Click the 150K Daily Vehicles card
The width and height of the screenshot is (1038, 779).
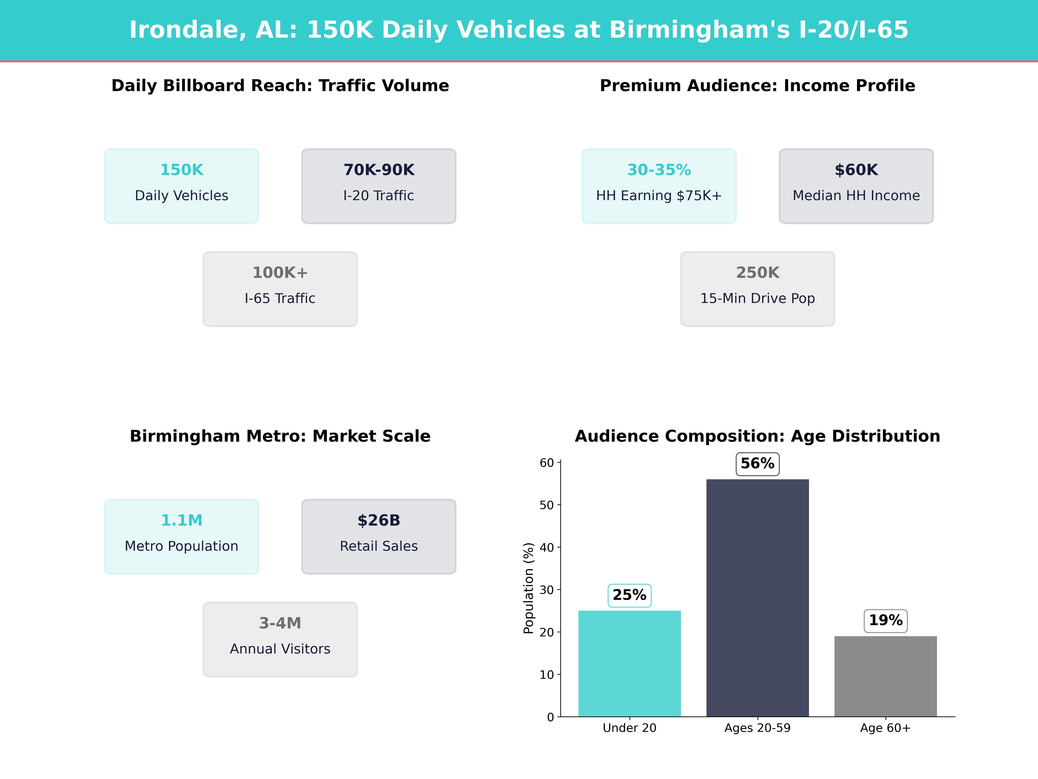(x=182, y=186)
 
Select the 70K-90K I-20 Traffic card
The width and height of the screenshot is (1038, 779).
(x=379, y=186)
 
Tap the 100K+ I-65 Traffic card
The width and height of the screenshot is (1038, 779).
(x=280, y=289)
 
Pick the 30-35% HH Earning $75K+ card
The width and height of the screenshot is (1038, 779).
(x=659, y=186)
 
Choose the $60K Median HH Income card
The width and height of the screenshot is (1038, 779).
(x=856, y=186)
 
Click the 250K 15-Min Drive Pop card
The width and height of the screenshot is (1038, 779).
(x=757, y=289)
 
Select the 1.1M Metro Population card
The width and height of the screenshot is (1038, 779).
(x=182, y=536)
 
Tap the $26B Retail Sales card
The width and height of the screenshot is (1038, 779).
(x=379, y=536)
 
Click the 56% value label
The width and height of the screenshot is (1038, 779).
(x=757, y=464)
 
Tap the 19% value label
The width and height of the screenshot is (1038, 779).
(x=886, y=621)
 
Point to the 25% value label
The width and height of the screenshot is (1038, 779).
(x=629, y=596)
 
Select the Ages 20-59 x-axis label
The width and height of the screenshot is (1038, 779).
(x=757, y=728)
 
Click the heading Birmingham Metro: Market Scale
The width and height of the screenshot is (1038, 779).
(x=280, y=436)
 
